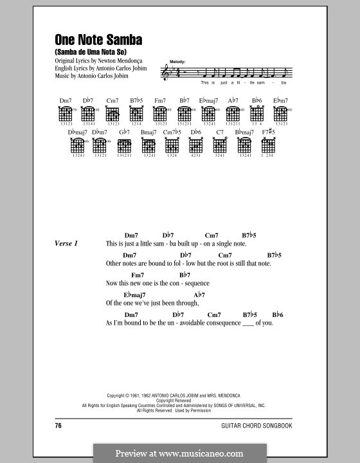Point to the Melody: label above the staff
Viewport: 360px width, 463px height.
pyautogui.click(x=177, y=61)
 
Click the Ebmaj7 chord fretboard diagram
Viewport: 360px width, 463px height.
pyautogui.click(x=209, y=114)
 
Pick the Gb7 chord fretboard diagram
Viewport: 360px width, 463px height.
pyautogui.click(x=125, y=146)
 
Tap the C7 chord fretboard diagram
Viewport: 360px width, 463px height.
pyautogui.click(x=219, y=146)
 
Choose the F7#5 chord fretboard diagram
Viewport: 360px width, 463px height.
pyautogui.click(x=269, y=146)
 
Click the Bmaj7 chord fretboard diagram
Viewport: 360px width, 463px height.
pyautogui.click(x=148, y=146)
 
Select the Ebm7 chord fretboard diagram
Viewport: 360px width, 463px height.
pyautogui.click(x=280, y=114)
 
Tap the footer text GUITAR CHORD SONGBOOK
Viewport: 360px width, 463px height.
pyautogui.click(x=265, y=426)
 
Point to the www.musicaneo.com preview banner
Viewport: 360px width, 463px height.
pyautogui.click(x=179, y=453)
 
